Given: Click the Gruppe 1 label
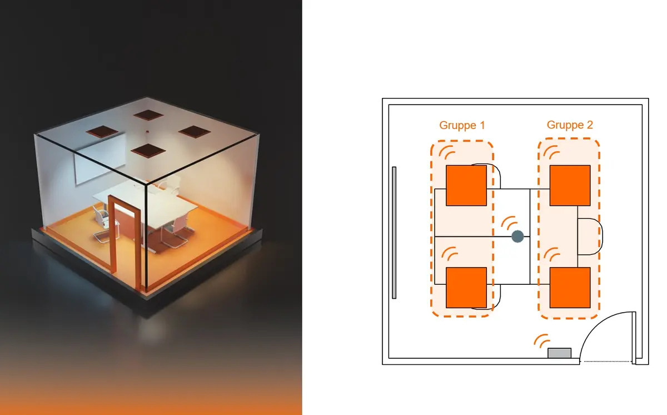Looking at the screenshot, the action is [x=462, y=125].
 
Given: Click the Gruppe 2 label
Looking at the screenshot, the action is [x=570, y=125].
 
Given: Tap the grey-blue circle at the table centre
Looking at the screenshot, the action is [x=517, y=236].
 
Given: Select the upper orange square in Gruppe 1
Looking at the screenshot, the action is [x=466, y=185].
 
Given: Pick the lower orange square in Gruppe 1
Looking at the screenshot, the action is [x=466, y=288].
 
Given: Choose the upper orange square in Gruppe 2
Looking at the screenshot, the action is [x=570, y=185].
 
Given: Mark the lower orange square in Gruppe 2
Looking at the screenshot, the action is [x=570, y=288].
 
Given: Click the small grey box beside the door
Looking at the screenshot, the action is [x=560, y=353].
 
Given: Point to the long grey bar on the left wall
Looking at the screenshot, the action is [x=394, y=233].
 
